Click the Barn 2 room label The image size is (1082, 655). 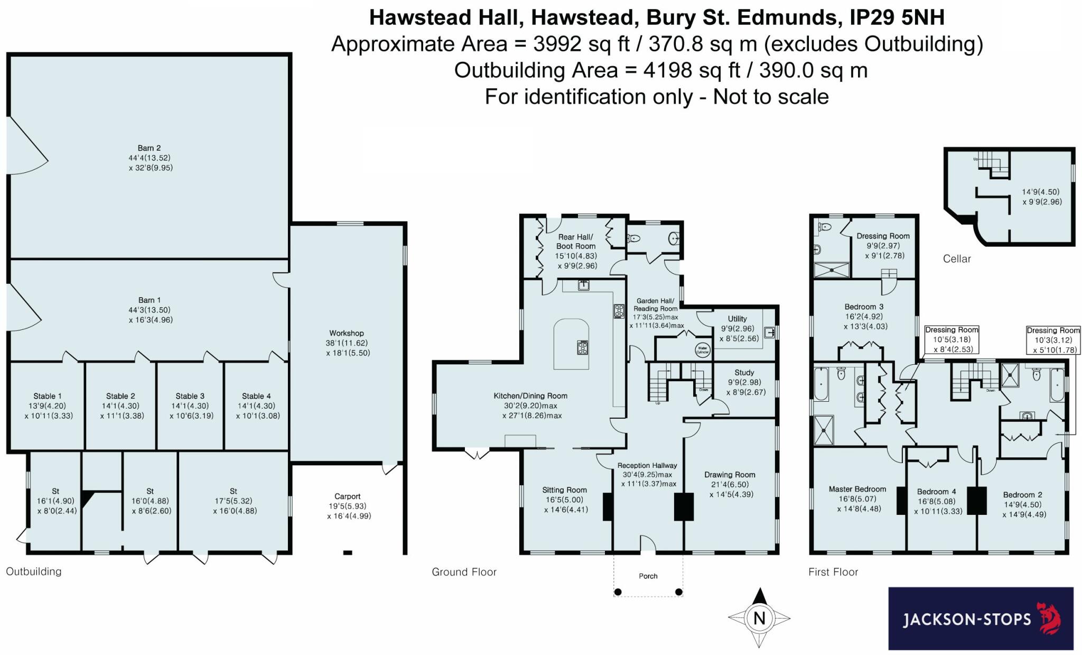(x=149, y=149)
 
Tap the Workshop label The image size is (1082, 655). (x=347, y=333)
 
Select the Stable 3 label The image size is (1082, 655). (x=190, y=396)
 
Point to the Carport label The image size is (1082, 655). (x=347, y=496)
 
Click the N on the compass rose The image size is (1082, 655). (x=759, y=618)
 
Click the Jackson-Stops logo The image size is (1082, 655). (x=981, y=618)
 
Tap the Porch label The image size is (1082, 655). (x=648, y=576)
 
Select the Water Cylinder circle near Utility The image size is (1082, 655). (x=702, y=350)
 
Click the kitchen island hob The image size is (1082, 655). (x=583, y=348)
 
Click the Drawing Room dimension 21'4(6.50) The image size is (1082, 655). (x=730, y=484)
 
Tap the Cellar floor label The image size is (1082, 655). (x=957, y=259)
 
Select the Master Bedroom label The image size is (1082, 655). (x=857, y=489)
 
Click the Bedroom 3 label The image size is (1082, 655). (x=864, y=307)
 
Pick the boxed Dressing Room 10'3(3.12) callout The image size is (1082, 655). (x=1053, y=339)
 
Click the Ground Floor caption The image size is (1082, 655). (x=464, y=571)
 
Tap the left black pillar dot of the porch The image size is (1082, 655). (x=618, y=592)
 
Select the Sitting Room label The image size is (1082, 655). (x=564, y=490)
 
